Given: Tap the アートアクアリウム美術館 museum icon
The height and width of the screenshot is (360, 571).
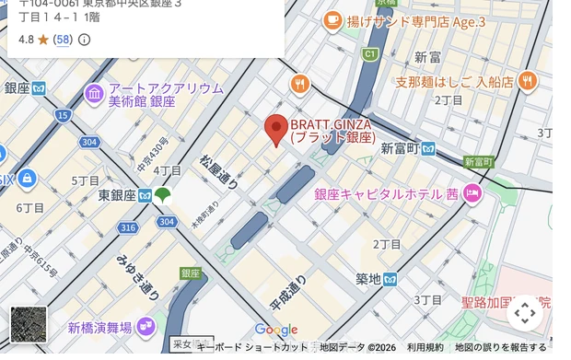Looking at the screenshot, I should click(94, 94).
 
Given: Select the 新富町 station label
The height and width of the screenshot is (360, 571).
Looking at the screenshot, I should click(401, 147).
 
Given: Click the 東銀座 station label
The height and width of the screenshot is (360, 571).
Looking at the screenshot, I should click(117, 195).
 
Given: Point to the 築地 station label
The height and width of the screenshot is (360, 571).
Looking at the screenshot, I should click(369, 278).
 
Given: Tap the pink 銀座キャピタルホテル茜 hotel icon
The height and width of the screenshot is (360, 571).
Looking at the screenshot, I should click(472, 193).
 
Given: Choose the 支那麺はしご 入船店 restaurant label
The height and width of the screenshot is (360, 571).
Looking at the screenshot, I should click(454, 81).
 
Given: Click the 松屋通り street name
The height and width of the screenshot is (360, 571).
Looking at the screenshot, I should click(218, 172).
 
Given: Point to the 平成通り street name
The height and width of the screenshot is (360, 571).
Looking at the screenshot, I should click(287, 292).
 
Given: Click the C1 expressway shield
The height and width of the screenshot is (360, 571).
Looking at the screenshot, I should click(369, 54).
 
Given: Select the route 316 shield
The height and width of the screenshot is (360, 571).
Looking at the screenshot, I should click(127, 227).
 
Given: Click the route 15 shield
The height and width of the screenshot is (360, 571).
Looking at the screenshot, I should click(62, 115).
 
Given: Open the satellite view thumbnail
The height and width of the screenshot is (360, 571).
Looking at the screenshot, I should click(28, 324).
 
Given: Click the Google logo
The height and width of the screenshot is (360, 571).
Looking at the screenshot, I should click(276, 330).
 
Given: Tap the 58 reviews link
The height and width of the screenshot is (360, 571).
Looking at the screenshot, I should click(63, 40).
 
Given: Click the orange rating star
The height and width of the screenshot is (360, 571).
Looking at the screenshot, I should click(42, 40).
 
